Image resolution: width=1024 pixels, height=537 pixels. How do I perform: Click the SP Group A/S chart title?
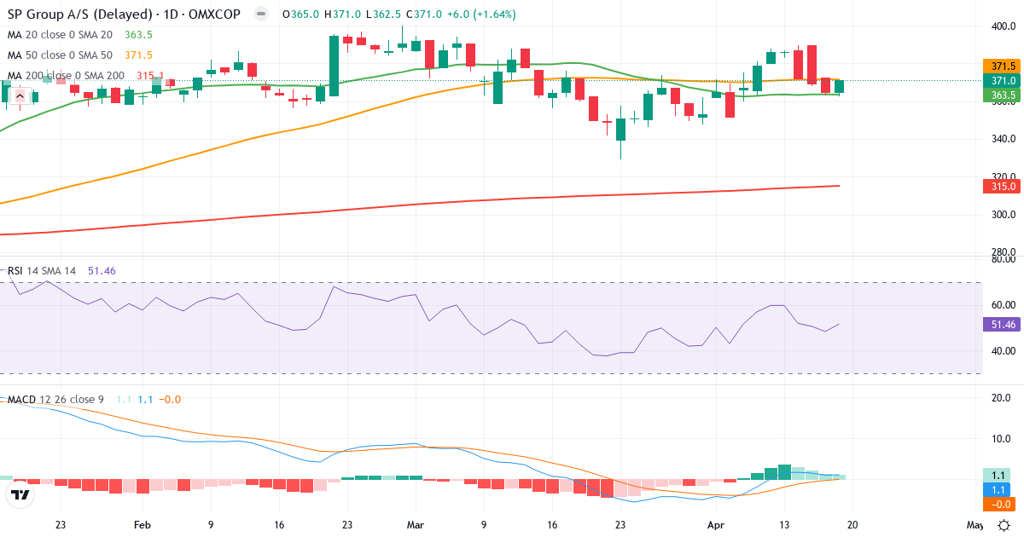pos(125,14)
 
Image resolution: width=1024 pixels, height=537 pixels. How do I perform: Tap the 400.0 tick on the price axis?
pos(1002,26)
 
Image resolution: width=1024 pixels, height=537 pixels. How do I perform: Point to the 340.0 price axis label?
pos(1002,139)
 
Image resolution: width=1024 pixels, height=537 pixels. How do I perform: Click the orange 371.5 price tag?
pos(1002,66)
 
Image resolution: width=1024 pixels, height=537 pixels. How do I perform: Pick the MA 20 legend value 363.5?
pos(138,35)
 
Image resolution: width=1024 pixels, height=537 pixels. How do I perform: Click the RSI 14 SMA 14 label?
pos(42,271)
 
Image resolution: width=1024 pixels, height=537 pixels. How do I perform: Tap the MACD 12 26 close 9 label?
pos(55,399)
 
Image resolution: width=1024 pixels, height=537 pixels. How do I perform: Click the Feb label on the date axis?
pos(143,525)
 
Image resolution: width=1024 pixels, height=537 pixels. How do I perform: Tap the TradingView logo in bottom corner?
pos(20,494)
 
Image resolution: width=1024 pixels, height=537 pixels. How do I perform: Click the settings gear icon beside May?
pos(1004,525)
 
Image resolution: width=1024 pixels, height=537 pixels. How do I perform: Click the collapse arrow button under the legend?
pos(19,95)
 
